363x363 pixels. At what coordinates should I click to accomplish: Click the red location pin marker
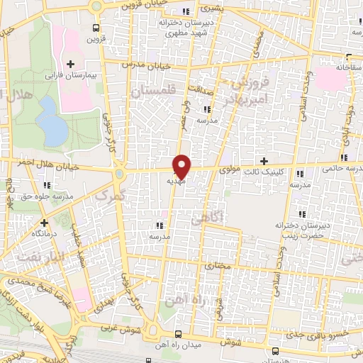tap(182, 167)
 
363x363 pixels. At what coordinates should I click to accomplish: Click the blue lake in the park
tap(50, 119)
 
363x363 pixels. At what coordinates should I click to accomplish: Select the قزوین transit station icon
tap(96, 28)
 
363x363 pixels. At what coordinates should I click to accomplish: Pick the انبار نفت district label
tap(32, 255)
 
